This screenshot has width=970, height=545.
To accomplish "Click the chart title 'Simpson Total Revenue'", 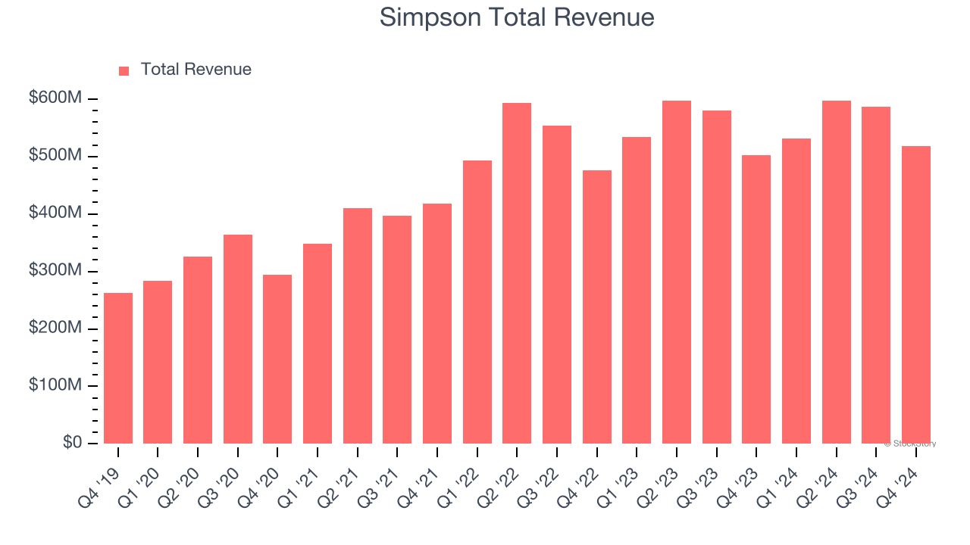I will pyautogui.click(x=516, y=17).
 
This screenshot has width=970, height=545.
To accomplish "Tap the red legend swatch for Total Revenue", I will pyautogui.click(x=124, y=70).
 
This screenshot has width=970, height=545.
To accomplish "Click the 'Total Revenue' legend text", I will pyautogui.click(x=196, y=70).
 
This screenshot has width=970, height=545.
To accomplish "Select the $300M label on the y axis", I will pyautogui.click(x=56, y=271).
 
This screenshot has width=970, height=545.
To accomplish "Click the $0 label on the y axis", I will pyautogui.click(x=72, y=443).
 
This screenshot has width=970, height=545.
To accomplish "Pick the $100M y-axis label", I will pyautogui.click(x=56, y=385).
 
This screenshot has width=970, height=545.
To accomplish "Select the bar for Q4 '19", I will pyautogui.click(x=118, y=369).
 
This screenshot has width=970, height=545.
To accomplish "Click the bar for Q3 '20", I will pyautogui.click(x=238, y=339).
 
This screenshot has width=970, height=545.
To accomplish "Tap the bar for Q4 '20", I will pyautogui.click(x=277, y=359).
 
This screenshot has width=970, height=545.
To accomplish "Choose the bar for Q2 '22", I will pyautogui.click(x=517, y=273).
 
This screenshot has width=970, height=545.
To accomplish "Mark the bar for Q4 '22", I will pyautogui.click(x=597, y=307).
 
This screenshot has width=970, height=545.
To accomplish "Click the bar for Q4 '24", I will pyautogui.click(x=916, y=295).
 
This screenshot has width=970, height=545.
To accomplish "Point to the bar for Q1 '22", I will pyautogui.click(x=477, y=302).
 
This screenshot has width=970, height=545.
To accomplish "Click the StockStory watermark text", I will pyautogui.click(x=910, y=444).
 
